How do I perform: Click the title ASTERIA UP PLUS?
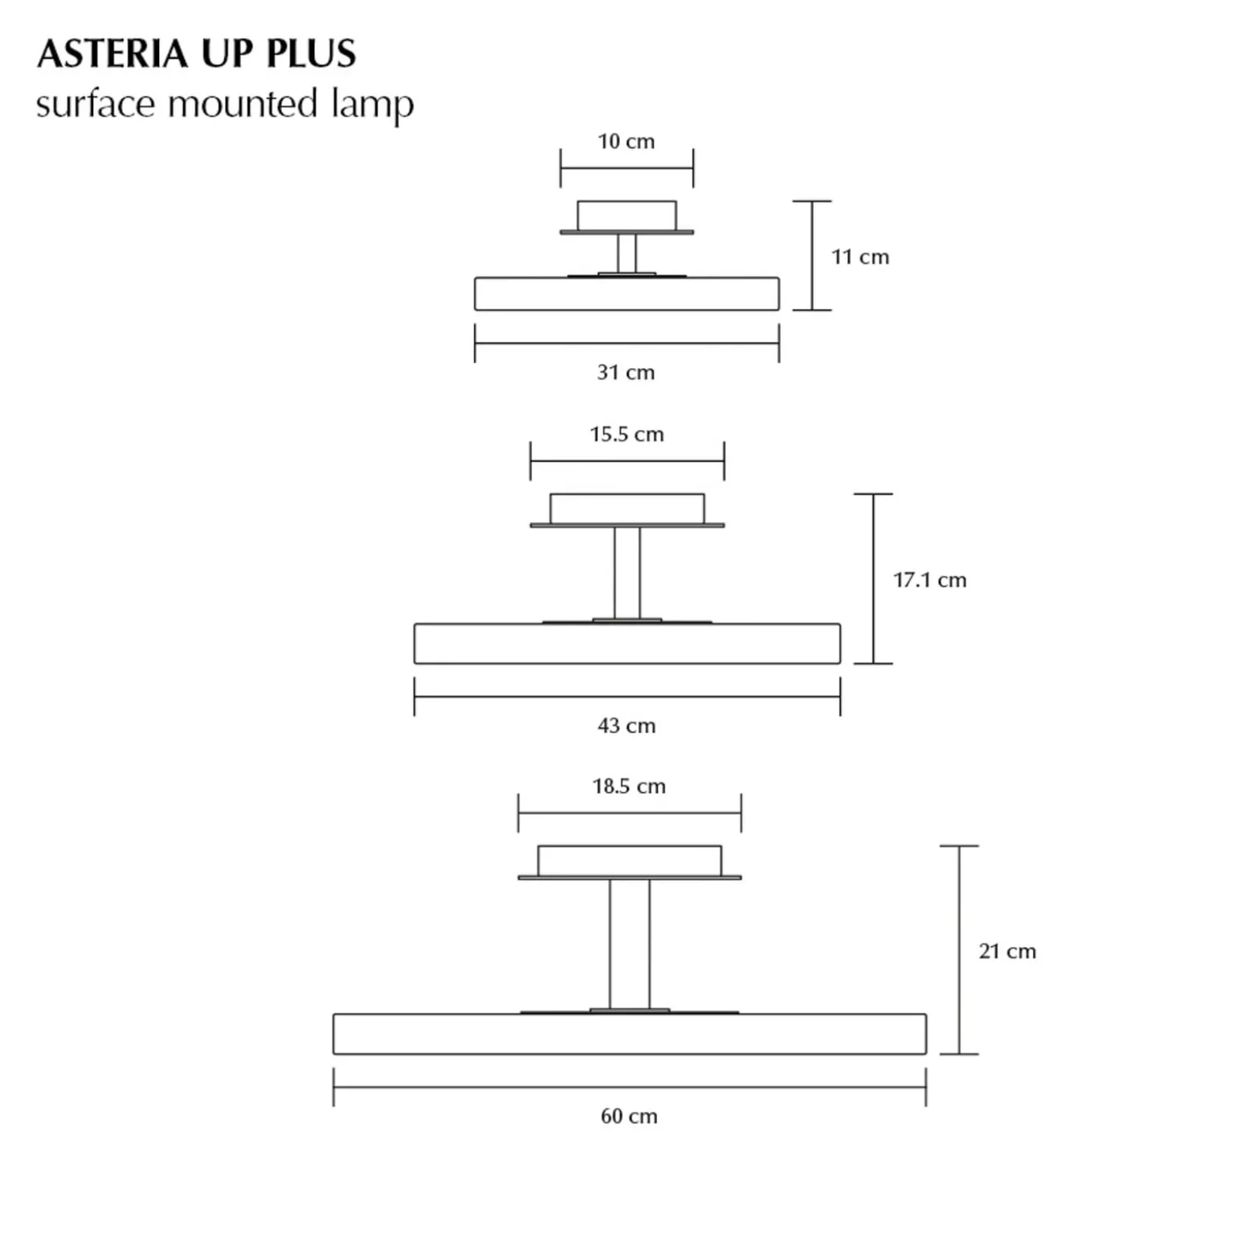tap(196, 54)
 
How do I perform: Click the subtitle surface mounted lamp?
tap(225, 104)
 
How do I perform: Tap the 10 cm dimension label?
tap(626, 141)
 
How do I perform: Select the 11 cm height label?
tap(860, 257)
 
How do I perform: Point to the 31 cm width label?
tap(626, 373)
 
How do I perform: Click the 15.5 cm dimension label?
tap(626, 435)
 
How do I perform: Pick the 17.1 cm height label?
tap(930, 580)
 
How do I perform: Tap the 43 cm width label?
tap(626, 726)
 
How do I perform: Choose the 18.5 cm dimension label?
tap(629, 786)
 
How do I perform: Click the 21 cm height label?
tap(1007, 951)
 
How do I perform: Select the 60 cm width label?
tap(629, 1117)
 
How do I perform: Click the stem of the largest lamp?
tap(630, 944)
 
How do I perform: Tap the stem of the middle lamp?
tap(627, 573)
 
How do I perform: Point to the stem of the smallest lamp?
tap(626, 254)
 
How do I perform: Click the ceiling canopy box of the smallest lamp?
tap(626, 215)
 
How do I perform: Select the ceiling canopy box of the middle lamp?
tap(627, 509)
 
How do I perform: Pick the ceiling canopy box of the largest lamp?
tap(630, 860)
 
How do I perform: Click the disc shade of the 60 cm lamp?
tap(630, 1034)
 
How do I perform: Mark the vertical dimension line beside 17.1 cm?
tap(873, 578)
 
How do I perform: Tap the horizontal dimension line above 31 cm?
tap(626, 343)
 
